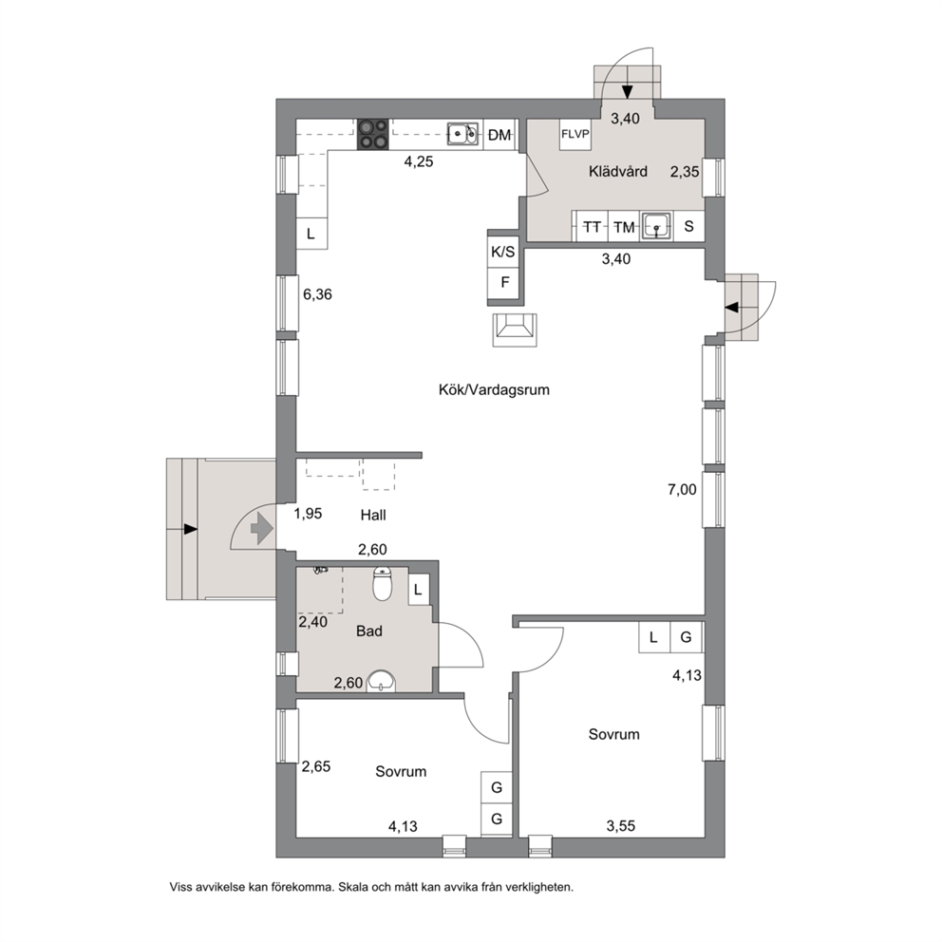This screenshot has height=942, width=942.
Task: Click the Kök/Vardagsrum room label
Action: coord(494,390)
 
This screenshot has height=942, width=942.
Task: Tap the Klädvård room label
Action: coord(618,172)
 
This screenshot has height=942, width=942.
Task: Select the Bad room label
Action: coord(369,631)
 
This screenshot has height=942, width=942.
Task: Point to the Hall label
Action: coord(373,515)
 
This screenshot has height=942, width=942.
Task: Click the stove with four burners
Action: coord(373,135)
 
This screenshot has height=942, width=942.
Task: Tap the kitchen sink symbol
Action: coord(462,134)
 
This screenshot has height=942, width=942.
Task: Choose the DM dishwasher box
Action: coord(499,135)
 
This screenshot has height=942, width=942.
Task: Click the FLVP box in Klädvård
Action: coord(575,135)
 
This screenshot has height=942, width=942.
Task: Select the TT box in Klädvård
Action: coord(593,227)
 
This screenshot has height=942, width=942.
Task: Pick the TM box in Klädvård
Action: coord(624,227)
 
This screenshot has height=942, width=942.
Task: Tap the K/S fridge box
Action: coord(503,252)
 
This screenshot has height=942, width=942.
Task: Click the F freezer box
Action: coord(505,282)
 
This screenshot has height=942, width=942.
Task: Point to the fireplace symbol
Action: coord(515,330)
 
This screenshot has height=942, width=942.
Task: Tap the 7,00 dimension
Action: coord(682,490)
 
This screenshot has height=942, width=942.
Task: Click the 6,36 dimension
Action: coord(317,294)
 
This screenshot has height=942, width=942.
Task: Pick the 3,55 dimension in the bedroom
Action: coord(621,826)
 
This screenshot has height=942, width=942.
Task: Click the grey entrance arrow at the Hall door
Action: coord(262,529)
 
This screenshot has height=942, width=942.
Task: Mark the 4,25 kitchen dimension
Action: coord(418,161)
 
